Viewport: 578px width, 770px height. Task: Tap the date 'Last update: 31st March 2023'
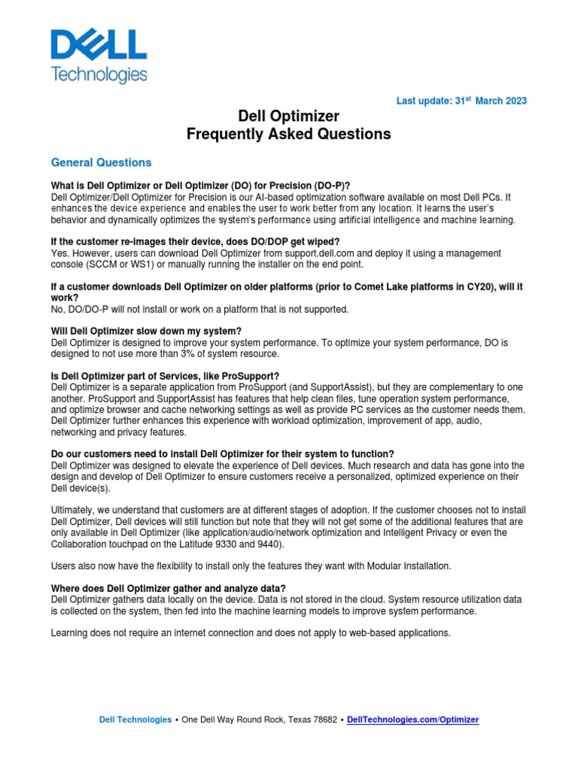coord(461,101)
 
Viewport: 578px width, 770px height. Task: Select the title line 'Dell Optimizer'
coord(289,116)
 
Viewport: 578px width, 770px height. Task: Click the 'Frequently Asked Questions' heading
coord(289,135)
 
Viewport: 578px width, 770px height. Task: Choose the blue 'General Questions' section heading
coord(101,162)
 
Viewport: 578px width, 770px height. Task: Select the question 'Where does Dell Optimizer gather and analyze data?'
coord(168,587)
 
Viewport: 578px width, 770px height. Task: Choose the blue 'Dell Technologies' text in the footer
coord(135,720)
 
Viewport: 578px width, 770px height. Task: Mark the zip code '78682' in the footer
coord(322,720)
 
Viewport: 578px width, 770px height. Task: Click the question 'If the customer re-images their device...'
coord(195,241)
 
